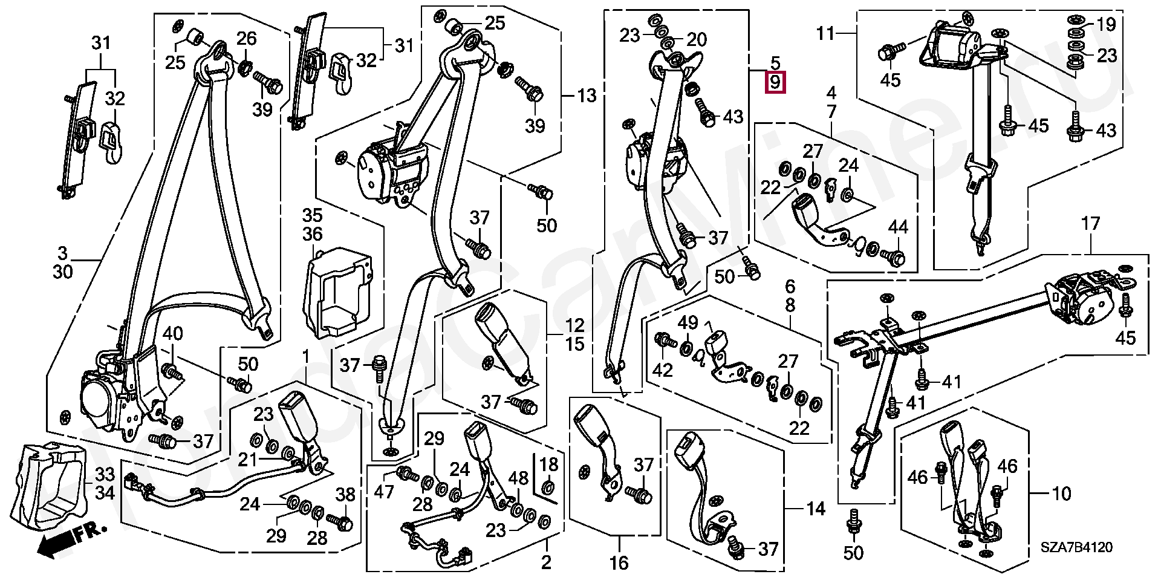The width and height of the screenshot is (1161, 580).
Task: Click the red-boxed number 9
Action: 775,82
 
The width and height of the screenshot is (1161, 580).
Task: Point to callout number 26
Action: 246,39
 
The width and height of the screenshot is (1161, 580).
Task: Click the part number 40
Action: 172,333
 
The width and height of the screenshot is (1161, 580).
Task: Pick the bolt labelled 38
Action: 340,519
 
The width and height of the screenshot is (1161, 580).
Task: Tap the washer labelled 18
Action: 548,487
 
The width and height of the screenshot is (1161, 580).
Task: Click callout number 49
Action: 688,324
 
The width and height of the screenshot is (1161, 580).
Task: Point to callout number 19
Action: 1106,25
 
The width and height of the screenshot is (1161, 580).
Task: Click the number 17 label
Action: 1090,224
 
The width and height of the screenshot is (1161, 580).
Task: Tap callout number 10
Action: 1061,494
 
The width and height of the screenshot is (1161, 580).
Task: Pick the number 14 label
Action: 816,509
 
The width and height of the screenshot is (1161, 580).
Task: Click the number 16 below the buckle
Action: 619,562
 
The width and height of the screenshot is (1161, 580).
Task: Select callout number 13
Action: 587,96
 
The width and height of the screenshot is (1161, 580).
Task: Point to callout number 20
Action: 697,39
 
